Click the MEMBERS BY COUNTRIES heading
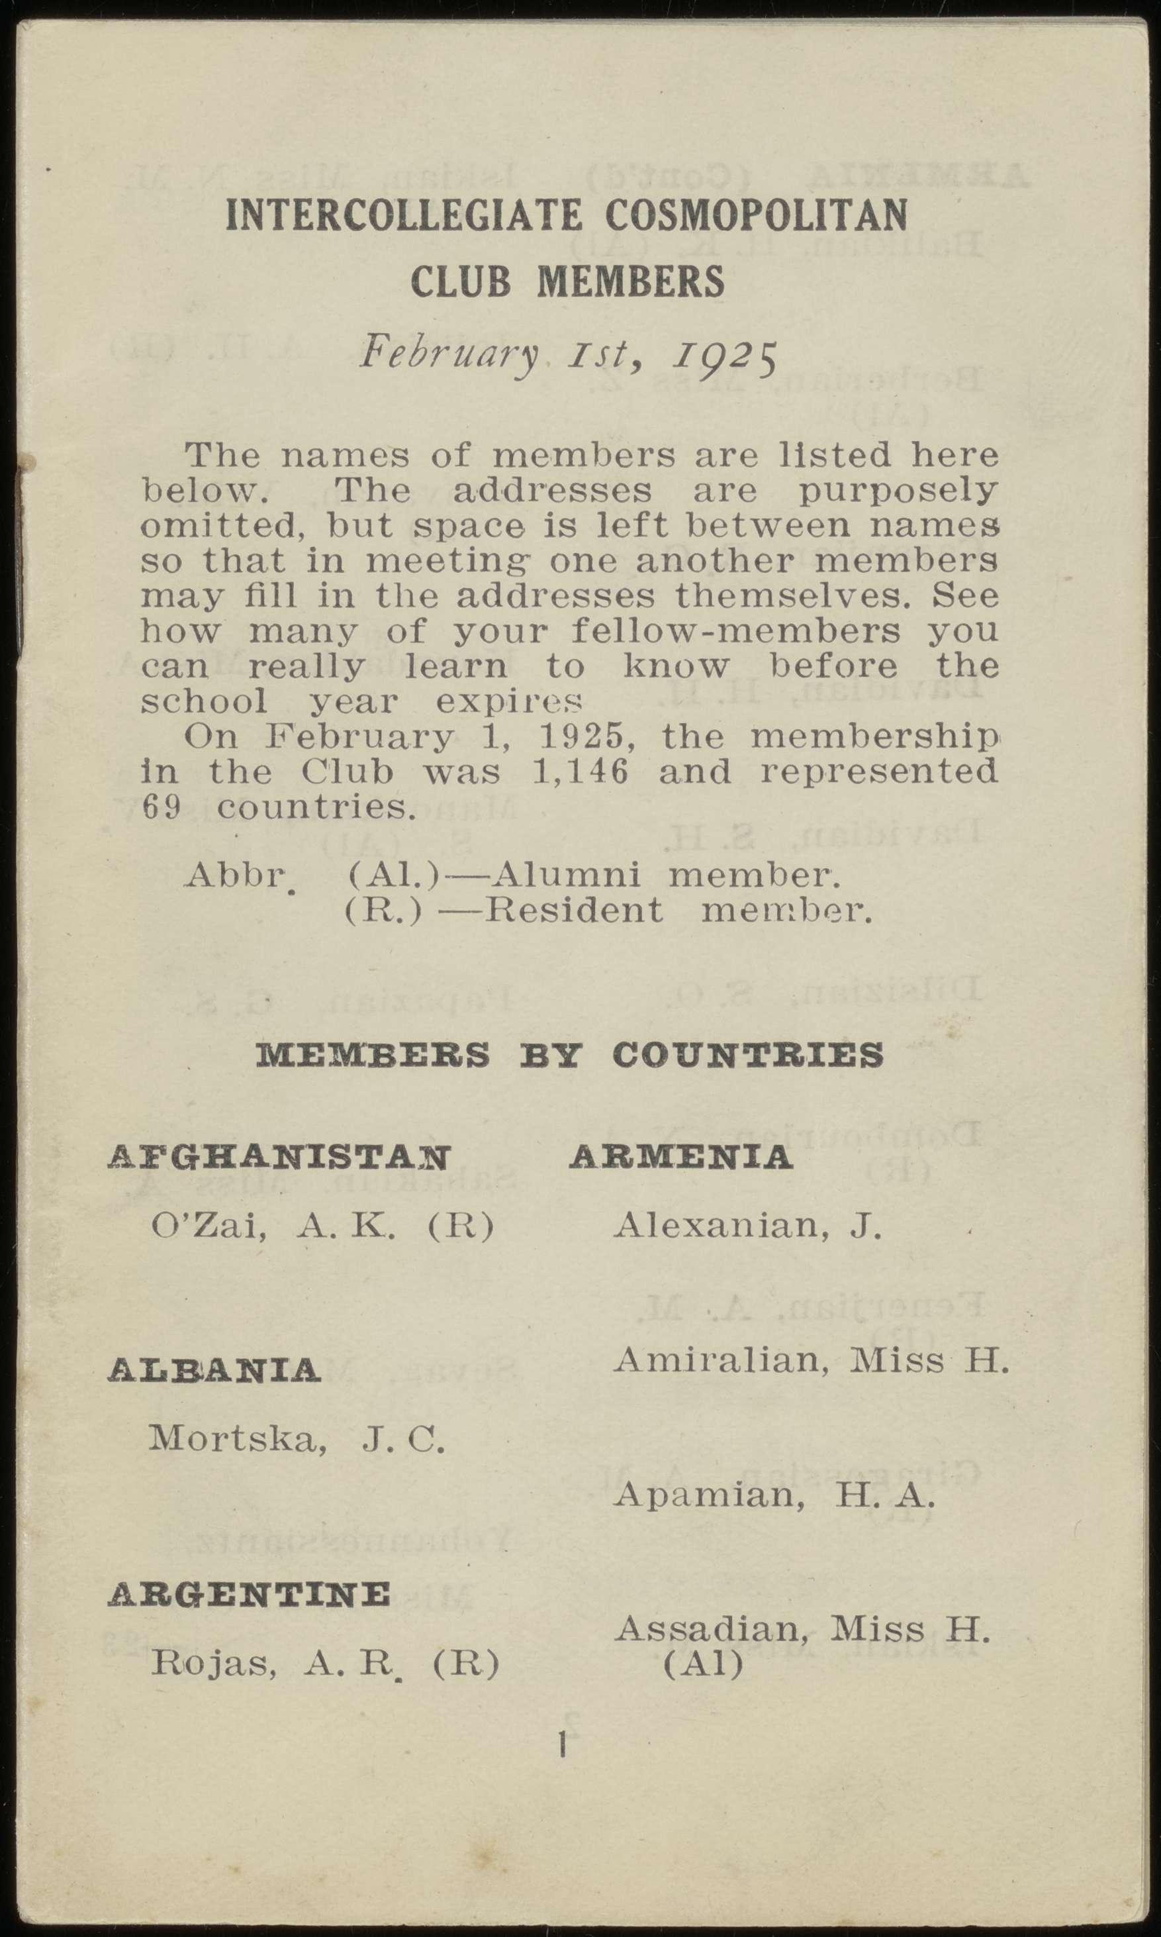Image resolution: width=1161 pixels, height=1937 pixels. (571, 1056)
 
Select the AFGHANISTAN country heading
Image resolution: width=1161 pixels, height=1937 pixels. (279, 1156)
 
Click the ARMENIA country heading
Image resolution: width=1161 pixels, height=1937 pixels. (680, 1156)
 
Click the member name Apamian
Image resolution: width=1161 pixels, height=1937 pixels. (704, 1495)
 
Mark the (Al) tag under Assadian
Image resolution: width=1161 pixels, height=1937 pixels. (702, 1665)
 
